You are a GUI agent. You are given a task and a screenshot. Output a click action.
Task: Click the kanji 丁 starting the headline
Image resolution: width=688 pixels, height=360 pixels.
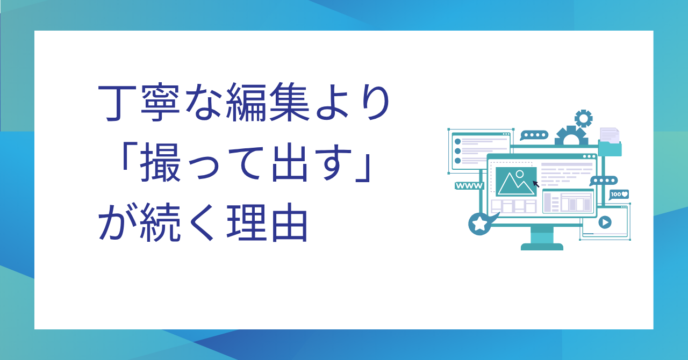pos(117,103)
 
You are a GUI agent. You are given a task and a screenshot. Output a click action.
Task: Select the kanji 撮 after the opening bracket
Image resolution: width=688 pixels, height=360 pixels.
pos(160,163)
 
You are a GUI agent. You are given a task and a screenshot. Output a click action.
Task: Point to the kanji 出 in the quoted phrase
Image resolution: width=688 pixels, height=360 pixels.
pos(289,163)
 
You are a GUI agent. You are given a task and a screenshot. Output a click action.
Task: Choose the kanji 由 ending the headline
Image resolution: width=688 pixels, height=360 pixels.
pos(289,222)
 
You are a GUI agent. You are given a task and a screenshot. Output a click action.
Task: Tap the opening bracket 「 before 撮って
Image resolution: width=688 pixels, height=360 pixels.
pos(125,157)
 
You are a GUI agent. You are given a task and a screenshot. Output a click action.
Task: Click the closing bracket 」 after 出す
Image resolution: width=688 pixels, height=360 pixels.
pos(364,169)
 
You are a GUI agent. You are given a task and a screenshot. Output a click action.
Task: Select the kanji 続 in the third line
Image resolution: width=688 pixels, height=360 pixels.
pos(160,222)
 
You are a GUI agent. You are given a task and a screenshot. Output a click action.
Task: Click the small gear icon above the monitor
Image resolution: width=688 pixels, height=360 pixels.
pos(583,118)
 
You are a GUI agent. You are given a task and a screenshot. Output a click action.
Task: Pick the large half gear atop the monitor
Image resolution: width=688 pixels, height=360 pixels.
pos(571,135)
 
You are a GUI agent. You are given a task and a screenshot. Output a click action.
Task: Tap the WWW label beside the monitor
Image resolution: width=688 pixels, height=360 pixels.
pos(469,186)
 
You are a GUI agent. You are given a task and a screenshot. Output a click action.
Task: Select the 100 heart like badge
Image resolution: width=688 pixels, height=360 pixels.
pos(619,195)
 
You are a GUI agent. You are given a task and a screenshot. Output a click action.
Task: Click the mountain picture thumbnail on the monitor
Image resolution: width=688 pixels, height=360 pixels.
pos(516,182)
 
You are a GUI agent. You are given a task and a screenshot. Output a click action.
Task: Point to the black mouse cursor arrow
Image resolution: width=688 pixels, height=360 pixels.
pos(536,184)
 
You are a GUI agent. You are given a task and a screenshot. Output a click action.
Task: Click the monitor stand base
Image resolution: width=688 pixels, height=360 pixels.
pos(542,247)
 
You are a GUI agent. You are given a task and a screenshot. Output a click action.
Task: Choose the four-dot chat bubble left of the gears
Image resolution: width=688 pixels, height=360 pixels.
pos(534,135)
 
